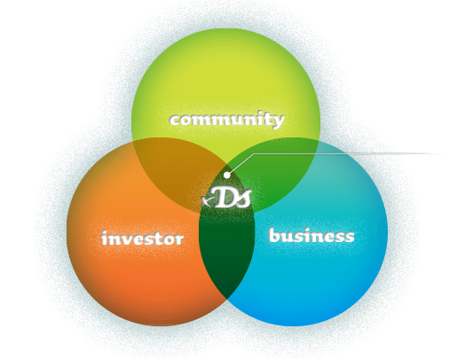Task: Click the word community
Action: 227,120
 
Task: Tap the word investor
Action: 142,239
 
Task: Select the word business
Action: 311,236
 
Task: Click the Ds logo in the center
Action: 226,198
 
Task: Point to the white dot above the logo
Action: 226,176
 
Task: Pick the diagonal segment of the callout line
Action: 241,163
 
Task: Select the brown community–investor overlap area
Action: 175,168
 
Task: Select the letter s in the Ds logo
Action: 244,199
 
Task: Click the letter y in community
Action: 278,121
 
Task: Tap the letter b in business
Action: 275,235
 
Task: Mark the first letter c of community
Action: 176,120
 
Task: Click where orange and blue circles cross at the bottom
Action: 227,299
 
